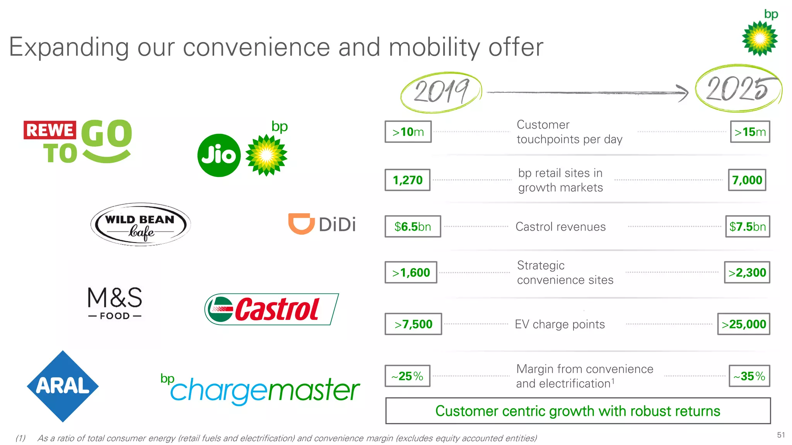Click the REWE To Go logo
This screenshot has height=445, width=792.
[78, 141]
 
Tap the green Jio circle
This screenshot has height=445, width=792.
[219, 155]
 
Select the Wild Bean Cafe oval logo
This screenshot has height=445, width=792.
[140, 224]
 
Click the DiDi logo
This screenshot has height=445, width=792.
[322, 224]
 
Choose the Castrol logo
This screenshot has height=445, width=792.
[271, 309]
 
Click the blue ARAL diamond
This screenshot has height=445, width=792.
[63, 386]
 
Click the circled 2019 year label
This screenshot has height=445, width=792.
[441, 92]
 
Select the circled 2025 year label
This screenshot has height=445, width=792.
[738, 88]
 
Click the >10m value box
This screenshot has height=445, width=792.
[408, 132]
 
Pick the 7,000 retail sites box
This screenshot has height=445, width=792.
[747, 180]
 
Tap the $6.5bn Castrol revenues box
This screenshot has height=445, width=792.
[413, 226]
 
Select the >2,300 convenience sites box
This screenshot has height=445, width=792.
[747, 272]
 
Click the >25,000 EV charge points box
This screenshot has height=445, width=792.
[744, 324]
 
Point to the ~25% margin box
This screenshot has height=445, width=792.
[407, 376]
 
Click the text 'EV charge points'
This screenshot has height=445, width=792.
[560, 324]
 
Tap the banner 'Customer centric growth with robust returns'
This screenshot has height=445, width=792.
[578, 411]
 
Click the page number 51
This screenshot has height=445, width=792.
[781, 435]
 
